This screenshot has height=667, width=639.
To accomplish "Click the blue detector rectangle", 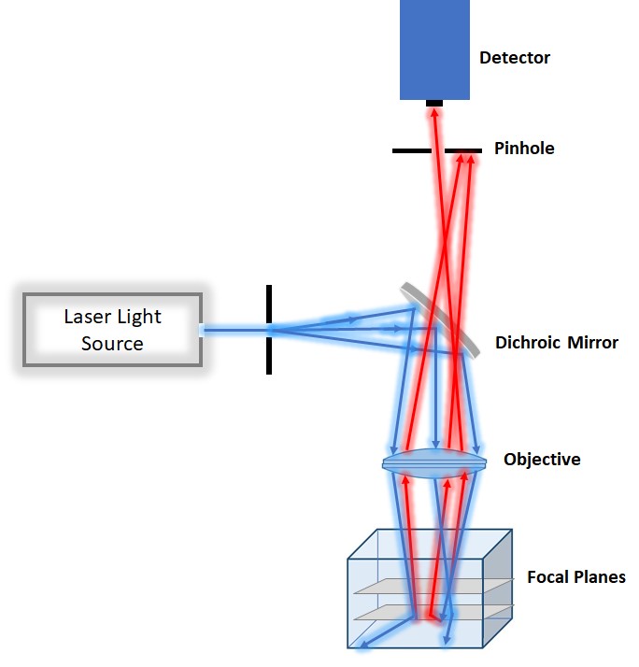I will click(434, 49).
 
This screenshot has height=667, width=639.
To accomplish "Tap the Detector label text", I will click(515, 58).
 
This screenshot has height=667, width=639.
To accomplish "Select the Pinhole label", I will click(524, 148).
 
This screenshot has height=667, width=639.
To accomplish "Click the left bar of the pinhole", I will click(411, 149).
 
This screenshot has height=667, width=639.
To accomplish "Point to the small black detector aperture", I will click(434, 103).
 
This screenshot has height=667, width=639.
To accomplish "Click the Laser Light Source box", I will click(112, 330).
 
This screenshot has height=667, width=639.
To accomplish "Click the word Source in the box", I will click(112, 343).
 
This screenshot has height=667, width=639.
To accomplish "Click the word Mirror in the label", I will click(592, 343).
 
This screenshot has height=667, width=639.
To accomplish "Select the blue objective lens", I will click(434, 463).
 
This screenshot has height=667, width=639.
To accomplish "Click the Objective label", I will click(542, 460).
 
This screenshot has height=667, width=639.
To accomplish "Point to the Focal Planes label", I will click(575, 576).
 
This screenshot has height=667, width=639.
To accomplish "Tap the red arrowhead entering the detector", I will click(433, 112).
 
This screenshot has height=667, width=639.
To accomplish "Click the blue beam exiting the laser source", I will click(234, 330).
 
